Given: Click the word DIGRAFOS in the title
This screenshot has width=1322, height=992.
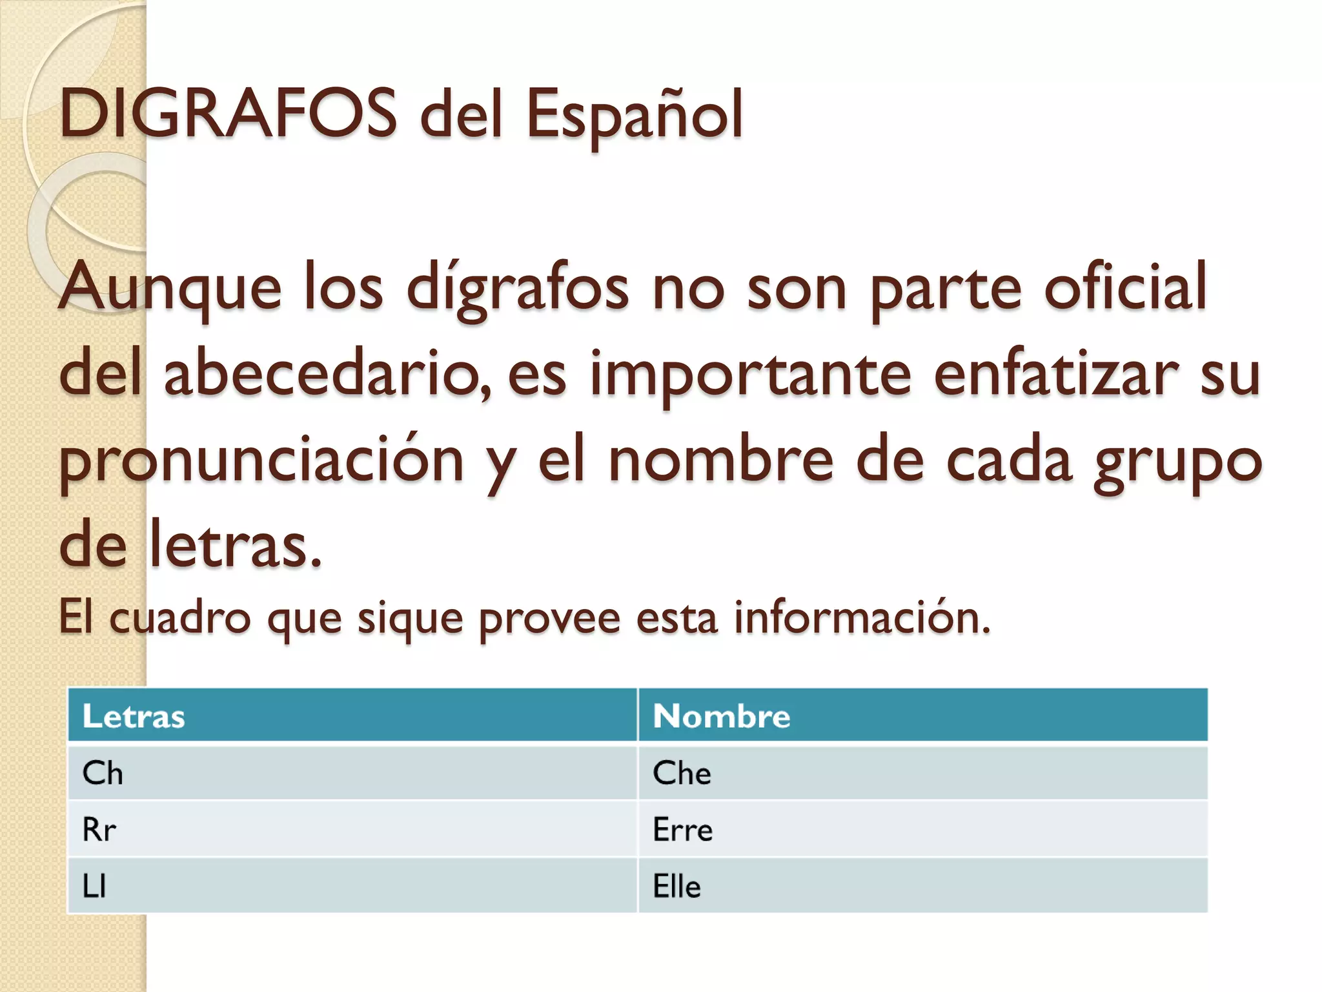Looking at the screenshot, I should coord(228,114).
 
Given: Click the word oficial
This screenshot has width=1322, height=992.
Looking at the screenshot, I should coord(1124,287).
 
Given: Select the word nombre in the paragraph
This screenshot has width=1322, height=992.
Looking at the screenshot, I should coord(721,460).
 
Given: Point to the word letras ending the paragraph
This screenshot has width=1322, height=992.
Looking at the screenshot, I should coord(235,546).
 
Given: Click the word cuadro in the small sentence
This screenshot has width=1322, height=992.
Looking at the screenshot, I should coord(179,617).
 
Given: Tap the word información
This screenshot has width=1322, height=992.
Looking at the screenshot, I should coord(862,617).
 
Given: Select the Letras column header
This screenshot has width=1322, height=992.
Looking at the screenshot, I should coord(134,716).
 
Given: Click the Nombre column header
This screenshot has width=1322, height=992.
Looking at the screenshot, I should coord(721,716).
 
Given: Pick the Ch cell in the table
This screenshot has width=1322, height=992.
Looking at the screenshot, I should coord(103,773).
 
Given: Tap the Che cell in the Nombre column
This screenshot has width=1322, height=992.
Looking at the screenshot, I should coord(682,773).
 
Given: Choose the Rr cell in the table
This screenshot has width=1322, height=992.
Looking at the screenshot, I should coord(99,830).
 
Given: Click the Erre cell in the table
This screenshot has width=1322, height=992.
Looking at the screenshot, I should coord(682,830).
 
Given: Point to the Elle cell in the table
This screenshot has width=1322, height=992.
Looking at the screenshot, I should coord(676,886).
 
